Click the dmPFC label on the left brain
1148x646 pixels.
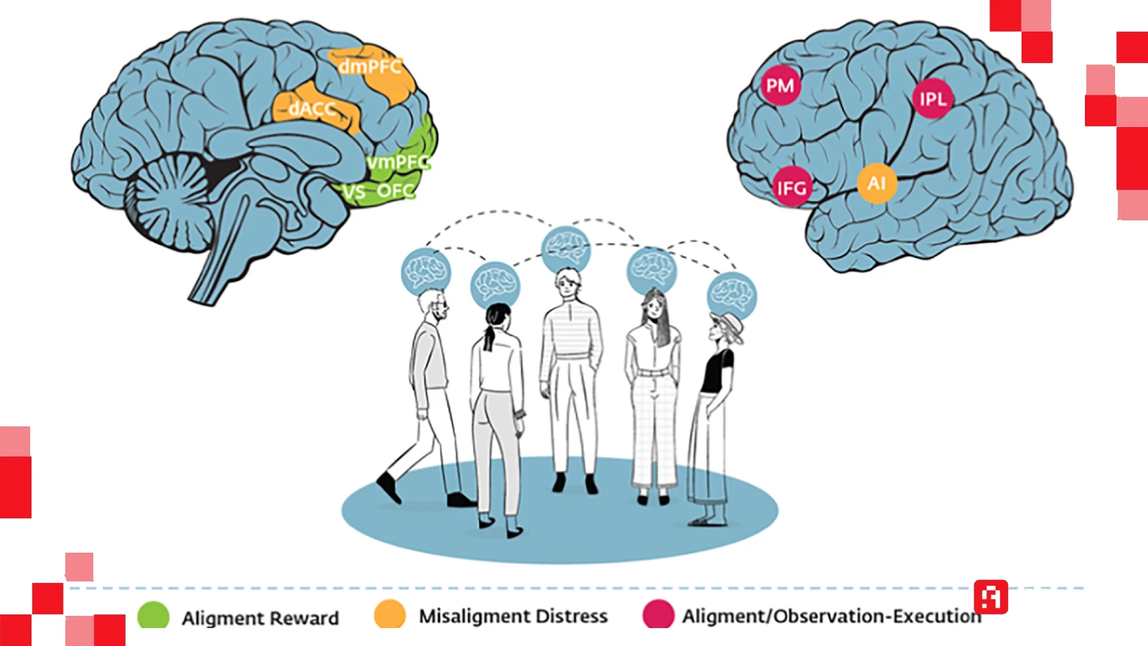370,67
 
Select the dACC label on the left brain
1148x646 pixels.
312,109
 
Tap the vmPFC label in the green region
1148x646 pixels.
397,163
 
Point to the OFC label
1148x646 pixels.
395,191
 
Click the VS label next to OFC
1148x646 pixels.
353,192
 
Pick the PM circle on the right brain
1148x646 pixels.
780,86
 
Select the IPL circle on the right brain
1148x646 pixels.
932,99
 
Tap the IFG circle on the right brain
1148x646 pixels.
791,188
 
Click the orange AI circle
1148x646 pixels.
876,183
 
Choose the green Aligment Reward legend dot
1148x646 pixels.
153,616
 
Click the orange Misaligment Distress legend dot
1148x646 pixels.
390,614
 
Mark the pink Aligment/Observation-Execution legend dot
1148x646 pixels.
658,614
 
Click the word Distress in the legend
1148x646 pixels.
571,616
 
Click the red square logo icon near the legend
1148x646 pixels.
991,597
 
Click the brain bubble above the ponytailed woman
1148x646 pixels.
495,284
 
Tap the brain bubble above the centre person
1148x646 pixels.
566,249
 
